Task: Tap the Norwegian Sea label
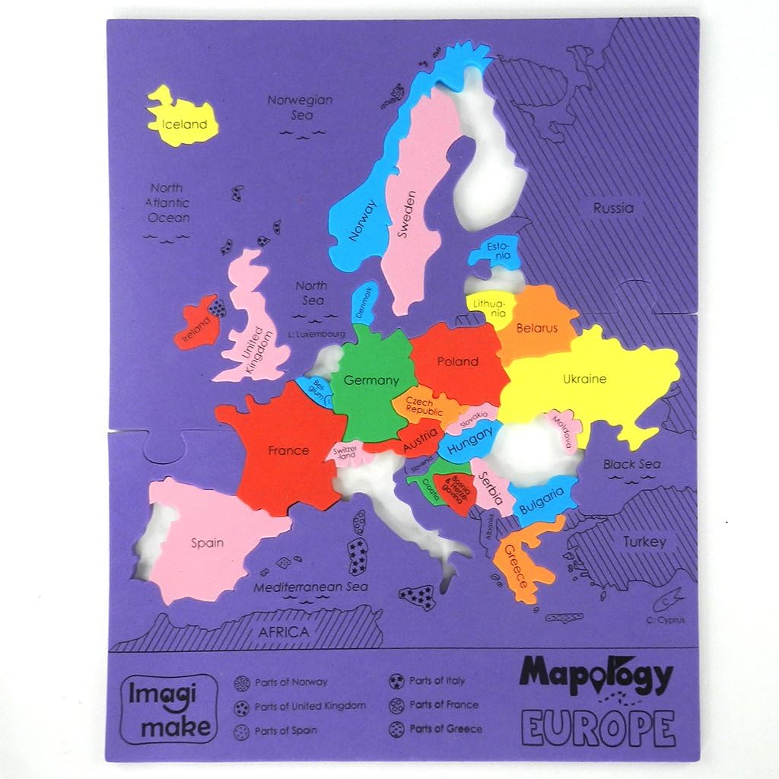pos(300,107)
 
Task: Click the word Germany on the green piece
pos(371,380)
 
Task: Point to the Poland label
pos(457,361)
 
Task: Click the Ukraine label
pos(584,378)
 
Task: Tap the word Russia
pos(613,208)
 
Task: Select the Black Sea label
pos(632,464)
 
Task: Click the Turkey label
pos(644,542)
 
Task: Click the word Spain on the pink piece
pos(207,542)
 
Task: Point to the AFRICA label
pos(284,632)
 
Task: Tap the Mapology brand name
pos(596,674)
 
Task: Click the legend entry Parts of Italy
pos(436,680)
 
